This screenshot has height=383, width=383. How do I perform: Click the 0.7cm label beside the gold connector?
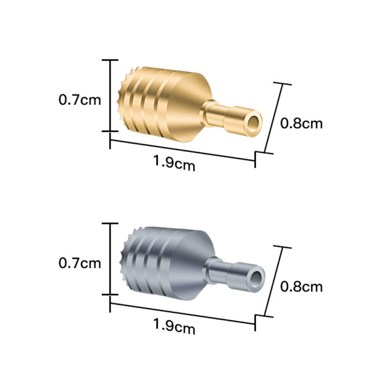pos(80,100)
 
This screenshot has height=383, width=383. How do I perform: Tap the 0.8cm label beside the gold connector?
pos(301,124)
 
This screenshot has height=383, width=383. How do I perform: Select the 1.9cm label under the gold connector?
pos(174,163)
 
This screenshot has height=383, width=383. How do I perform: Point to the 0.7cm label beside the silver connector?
pos(80,263)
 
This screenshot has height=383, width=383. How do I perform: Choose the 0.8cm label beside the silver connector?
pos(301,286)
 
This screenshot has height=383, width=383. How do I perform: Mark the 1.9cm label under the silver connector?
pos(174,326)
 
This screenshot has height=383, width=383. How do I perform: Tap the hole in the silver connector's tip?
pos(257,278)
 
